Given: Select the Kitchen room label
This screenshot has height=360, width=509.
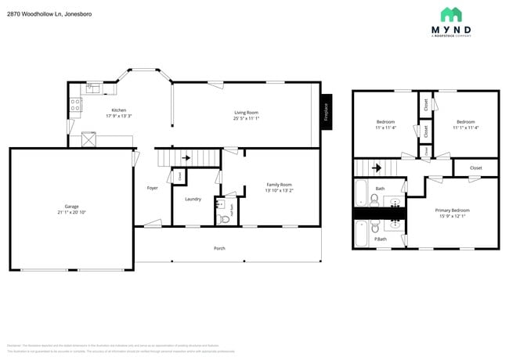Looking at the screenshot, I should point(119,110).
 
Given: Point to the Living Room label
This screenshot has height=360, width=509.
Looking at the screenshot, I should point(246,113).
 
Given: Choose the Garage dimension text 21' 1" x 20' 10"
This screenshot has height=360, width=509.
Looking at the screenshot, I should point(71,212).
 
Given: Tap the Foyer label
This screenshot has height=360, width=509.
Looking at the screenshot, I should point(153,188).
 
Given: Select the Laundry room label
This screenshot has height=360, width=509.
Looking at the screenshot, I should point(193,199).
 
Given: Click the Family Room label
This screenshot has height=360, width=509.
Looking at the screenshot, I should point(279,185).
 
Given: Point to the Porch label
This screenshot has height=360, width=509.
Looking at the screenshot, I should point(220,248).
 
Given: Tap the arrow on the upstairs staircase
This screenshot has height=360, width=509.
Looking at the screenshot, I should point(377,167).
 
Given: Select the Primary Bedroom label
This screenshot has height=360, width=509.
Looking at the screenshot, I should point(452,211).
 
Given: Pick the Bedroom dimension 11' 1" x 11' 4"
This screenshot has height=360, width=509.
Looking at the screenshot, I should point(466,128).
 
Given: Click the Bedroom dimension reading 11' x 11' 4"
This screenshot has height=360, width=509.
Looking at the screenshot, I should point(385,128).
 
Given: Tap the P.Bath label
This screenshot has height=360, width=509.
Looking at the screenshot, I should point(380,239).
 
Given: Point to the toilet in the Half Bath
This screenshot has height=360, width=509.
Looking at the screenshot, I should point(225,219).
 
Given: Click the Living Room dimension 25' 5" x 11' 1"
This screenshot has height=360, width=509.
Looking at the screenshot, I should point(246,118).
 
